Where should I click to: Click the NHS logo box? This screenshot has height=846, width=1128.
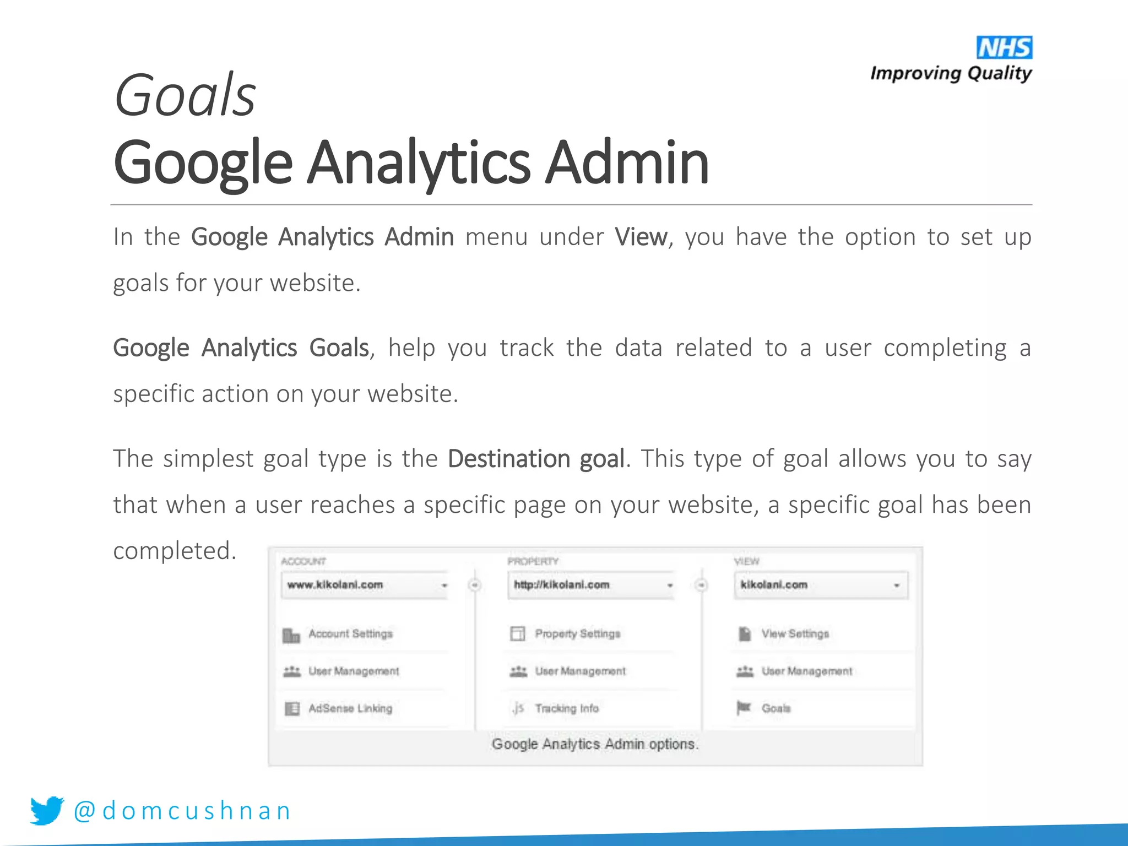[1004, 48]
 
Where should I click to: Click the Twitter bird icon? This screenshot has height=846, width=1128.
[47, 810]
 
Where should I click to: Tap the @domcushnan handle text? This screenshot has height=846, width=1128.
[182, 811]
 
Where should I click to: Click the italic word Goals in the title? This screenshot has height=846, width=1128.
[185, 96]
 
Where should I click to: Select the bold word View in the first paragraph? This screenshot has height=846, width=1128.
[641, 237]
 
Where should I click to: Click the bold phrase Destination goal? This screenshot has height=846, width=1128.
[536, 459]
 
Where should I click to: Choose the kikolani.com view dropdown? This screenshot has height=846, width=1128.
[820, 585]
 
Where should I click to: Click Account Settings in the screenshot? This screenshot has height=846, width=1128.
[350, 634]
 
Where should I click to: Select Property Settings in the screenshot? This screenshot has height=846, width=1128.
[577, 634]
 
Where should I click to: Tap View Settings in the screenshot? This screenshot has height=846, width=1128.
[795, 634]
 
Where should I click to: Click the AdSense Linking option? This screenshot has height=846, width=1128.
[350, 708]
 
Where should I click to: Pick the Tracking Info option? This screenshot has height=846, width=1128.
[566, 708]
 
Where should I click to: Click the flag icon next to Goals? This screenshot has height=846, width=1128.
[744, 707]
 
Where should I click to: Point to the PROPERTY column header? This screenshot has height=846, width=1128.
[533, 561]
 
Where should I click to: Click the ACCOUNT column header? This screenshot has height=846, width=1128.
[303, 561]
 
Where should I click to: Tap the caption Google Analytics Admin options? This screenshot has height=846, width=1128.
[595, 744]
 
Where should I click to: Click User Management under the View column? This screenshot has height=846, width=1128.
[806, 671]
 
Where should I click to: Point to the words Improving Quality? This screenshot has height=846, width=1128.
[951, 73]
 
